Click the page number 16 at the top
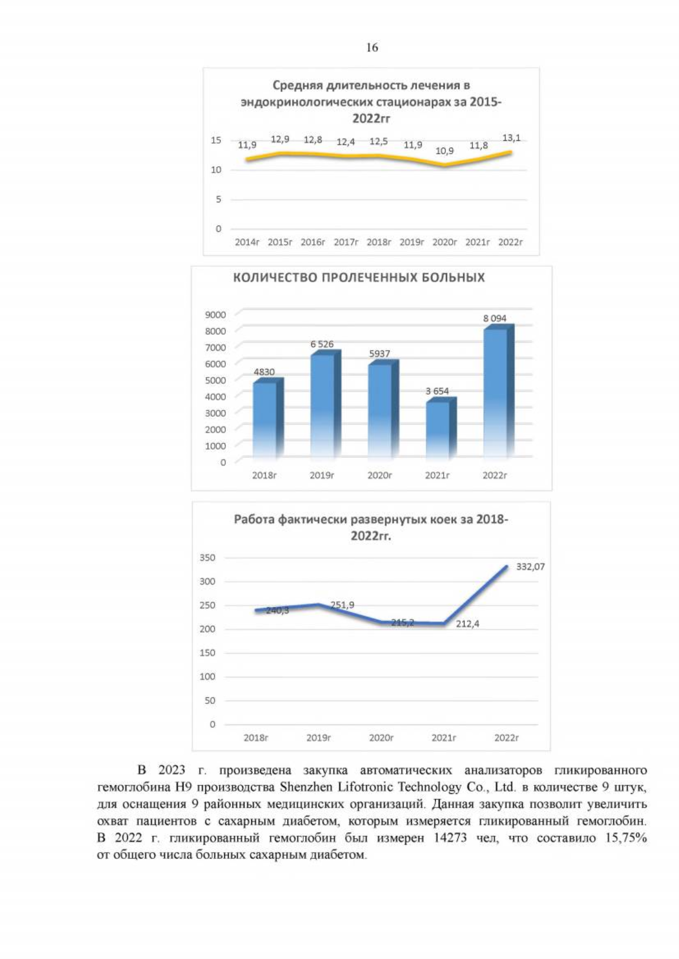pyautogui.click(x=372, y=47)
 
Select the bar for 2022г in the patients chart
pyautogui.click(x=496, y=392)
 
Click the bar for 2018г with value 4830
pyautogui.click(x=265, y=418)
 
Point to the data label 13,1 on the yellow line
pyautogui.click(x=511, y=138)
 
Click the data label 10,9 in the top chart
pyautogui.click(x=444, y=151)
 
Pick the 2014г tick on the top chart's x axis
pyautogui.click(x=247, y=242)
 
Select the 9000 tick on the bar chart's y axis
pyautogui.click(x=216, y=315)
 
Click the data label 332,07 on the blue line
pyautogui.click(x=530, y=567)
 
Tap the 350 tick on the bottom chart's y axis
pyautogui.click(x=208, y=558)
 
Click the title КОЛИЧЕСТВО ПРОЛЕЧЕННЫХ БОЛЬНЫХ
pyautogui.click(x=359, y=278)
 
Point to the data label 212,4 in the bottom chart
pyautogui.click(x=467, y=624)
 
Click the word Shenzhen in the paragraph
pyautogui.click(x=306, y=787)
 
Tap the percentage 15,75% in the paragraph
pyautogui.click(x=625, y=838)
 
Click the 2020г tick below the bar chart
pyautogui.click(x=380, y=476)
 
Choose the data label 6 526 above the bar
pyautogui.click(x=322, y=344)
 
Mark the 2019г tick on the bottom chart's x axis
pyautogui.click(x=319, y=738)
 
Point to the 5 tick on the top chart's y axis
pyautogui.click(x=218, y=200)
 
